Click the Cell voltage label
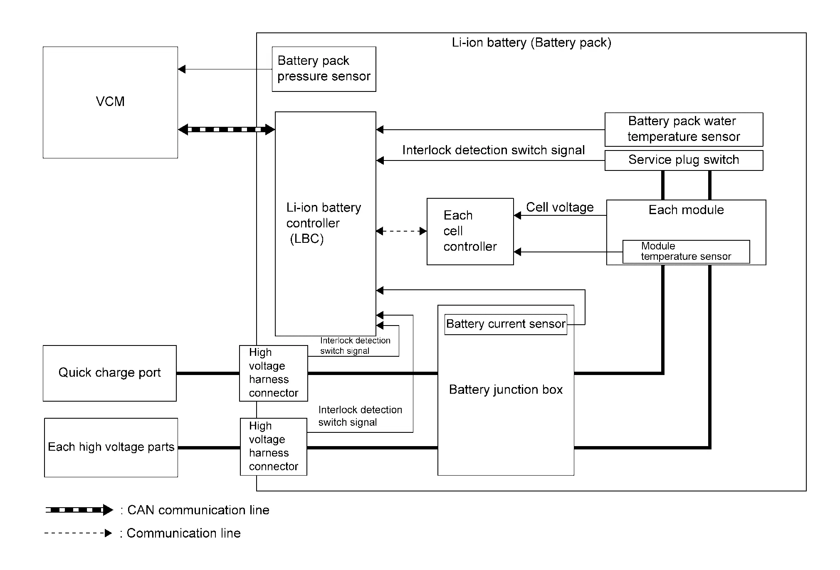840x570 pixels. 560,207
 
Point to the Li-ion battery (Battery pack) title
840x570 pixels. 531,42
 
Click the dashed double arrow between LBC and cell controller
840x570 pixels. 401,231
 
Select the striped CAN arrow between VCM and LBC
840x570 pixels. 227,129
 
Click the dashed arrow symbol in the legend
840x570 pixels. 78,533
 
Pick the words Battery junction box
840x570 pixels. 506,390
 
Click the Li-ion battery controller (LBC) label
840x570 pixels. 324,223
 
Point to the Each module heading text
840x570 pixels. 686,210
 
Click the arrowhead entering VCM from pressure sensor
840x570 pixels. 182,69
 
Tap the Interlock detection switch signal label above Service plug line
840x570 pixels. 494,150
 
